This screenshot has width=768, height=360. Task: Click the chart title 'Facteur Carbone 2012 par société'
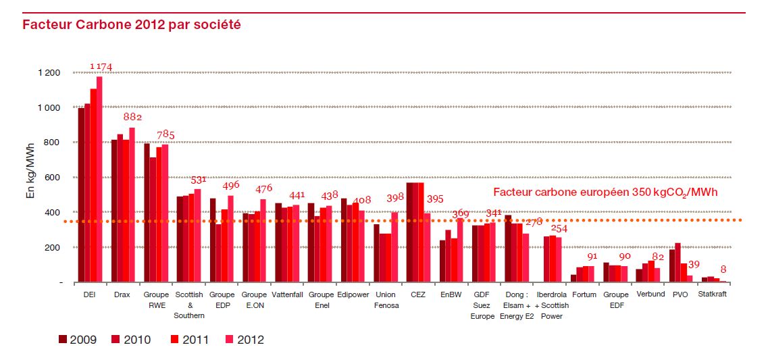tap(132, 25)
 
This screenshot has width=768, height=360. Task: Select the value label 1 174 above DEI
tap(101, 66)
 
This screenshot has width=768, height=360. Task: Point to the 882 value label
tap(131, 118)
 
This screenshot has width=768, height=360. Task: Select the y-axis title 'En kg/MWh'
tap(30, 178)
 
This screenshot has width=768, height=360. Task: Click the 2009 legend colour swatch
tap(63, 339)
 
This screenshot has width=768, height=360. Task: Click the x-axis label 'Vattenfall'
tap(287, 294)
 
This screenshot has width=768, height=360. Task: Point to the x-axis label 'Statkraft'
tap(713, 294)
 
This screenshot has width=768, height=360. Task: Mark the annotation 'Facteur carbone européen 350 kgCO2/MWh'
tap(605, 192)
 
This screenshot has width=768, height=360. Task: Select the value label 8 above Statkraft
tap(723, 268)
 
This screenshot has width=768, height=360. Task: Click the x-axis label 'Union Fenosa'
tap(385, 300)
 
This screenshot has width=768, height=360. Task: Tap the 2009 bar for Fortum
tap(573, 278)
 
